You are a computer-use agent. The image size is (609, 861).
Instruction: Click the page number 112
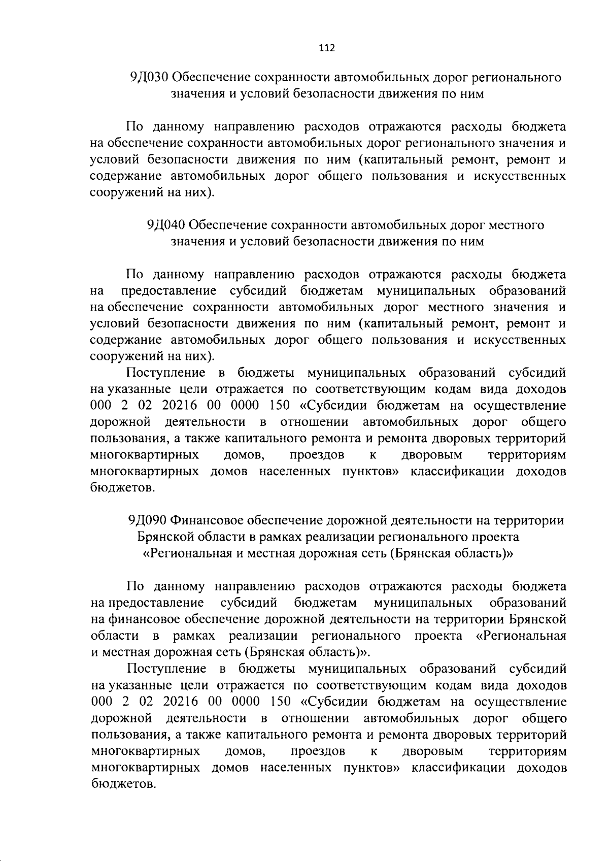pos(327,48)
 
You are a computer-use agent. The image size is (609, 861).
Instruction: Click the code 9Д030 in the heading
pos(149,77)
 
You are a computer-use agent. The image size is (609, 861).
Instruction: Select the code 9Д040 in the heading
pos(165,225)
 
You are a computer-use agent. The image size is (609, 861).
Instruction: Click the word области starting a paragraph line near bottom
pos(115,636)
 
